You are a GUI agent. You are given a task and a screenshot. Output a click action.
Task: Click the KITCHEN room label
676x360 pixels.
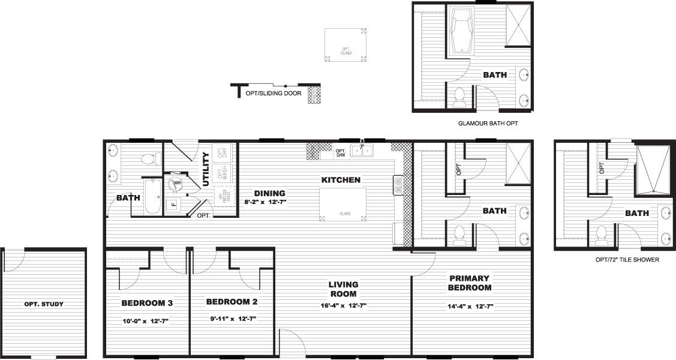point(341,180)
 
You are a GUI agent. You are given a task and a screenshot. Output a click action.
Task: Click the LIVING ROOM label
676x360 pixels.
point(343,289)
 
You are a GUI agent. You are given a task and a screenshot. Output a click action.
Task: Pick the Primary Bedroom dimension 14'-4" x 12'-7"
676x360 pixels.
point(470,306)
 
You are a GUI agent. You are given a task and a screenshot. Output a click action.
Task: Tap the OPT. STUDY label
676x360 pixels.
point(44,304)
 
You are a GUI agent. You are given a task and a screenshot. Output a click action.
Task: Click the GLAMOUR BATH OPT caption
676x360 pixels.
point(488,123)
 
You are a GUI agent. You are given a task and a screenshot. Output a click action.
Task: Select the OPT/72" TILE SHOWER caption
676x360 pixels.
point(627,260)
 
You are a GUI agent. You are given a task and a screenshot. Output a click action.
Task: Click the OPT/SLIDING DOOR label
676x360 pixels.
point(274,94)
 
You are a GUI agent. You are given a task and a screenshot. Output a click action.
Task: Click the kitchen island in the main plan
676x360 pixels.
point(343,204)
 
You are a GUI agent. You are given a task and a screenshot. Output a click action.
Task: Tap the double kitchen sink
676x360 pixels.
point(362,150)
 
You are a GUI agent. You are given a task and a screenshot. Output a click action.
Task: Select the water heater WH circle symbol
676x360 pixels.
point(176,184)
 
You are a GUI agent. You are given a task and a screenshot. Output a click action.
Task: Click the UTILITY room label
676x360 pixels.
point(206,169)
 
